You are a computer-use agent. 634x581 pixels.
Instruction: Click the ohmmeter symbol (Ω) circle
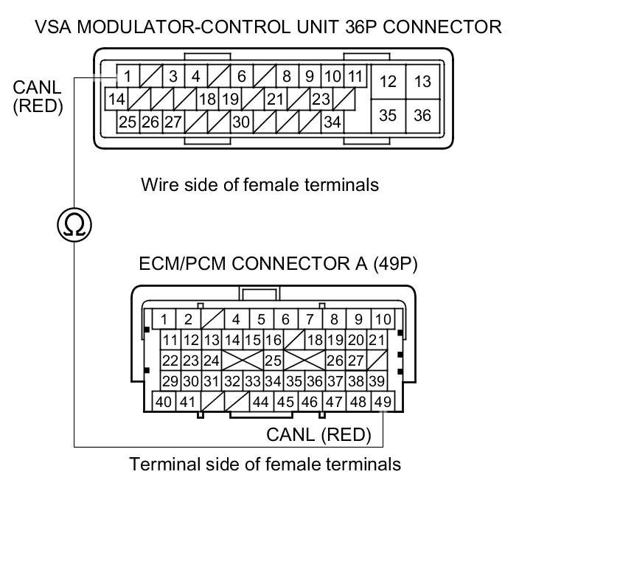[74, 224]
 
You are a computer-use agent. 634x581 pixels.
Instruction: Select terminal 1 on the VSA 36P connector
[128, 76]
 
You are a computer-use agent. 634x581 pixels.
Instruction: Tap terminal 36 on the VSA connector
[422, 116]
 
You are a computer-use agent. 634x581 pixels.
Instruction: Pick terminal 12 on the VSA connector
[388, 82]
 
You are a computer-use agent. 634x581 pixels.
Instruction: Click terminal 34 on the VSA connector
[332, 122]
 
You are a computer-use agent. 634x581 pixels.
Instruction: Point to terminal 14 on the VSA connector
[116, 99]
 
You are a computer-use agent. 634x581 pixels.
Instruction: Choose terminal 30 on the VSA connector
[241, 122]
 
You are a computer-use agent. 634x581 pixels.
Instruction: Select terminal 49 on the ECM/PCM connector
[382, 402]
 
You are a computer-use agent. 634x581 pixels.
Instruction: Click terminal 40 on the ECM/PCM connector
[164, 402]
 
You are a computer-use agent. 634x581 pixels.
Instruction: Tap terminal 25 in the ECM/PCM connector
[273, 361]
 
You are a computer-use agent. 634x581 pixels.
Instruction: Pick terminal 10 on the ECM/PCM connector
[383, 319]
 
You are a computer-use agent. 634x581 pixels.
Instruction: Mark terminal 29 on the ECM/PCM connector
[170, 381]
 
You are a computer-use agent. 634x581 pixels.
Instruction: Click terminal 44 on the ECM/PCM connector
[260, 402]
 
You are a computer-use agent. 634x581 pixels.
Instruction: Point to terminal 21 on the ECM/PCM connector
[377, 340]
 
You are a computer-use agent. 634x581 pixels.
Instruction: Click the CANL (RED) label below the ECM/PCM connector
[318, 434]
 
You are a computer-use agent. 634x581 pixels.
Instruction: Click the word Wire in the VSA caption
[158, 184]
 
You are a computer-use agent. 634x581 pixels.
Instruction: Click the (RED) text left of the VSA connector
[38, 106]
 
